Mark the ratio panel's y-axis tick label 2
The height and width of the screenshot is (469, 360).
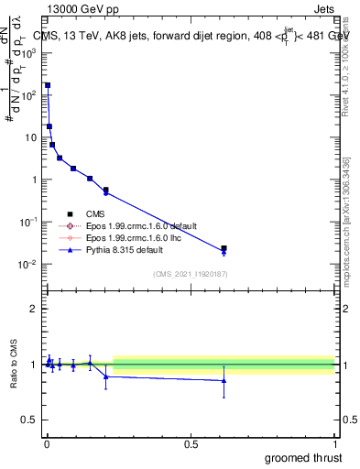(x=36, y=309)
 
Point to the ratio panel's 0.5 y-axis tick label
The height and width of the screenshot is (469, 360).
(x=32, y=421)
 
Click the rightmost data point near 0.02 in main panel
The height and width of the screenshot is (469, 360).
(x=224, y=248)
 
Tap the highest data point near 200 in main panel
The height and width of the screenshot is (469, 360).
(x=48, y=85)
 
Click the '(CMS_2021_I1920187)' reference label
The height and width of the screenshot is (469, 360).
(x=191, y=273)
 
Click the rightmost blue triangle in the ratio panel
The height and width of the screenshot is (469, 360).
(x=224, y=380)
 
